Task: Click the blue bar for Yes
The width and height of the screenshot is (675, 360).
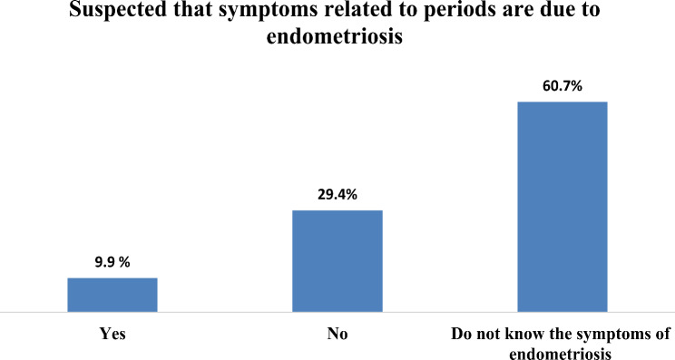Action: click(x=112, y=295)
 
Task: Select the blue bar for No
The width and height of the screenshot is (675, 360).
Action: click(x=337, y=261)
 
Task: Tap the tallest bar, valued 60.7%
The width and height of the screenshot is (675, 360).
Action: click(x=562, y=207)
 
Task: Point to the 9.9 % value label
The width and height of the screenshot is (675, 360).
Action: click(x=112, y=262)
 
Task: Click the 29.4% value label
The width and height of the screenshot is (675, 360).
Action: click(x=337, y=195)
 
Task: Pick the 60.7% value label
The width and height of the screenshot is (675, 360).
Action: click(x=562, y=86)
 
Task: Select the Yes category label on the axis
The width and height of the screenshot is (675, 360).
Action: click(x=112, y=334)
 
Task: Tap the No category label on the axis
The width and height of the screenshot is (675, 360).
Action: click(x=337, y=334)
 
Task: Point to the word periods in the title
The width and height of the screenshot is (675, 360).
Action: click(x=456, y=10)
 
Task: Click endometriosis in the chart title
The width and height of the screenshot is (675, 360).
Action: click(x=335, y=36)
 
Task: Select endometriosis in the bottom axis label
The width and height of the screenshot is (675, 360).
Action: click(x=560, y=354)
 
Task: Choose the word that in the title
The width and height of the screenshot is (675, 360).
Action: click(x=192, y=9)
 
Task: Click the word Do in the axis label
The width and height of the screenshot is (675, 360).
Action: click(x=460, y=334)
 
